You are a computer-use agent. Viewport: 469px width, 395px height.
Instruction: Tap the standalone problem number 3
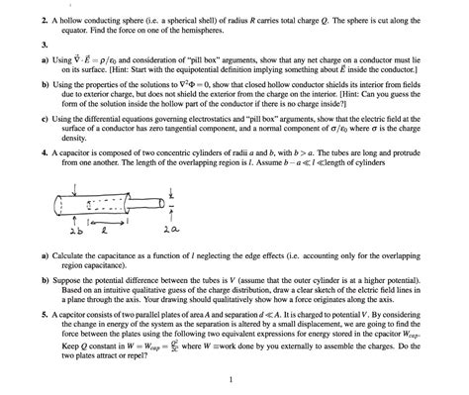point(18,45)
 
